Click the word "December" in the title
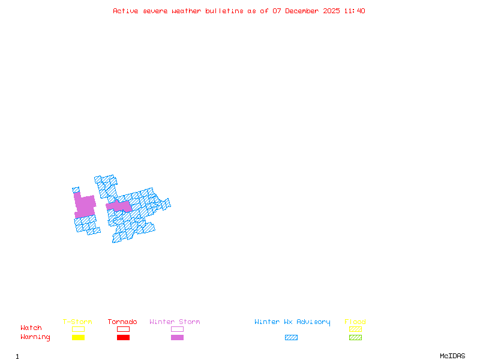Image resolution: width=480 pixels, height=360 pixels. (x=303, y=11)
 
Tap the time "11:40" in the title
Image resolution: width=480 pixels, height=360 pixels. (x=354, y=11)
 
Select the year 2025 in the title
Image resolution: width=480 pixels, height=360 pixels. (x=332, y=11)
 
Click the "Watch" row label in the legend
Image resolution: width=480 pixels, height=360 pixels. (x=31, y=328)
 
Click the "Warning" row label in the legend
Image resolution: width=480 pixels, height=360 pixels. (x=35, y=337)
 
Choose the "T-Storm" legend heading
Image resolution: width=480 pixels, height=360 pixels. (x=77, y=322)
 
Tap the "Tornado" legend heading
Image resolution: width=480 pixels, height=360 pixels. (x=122, y=322)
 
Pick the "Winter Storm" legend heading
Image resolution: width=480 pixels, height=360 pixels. (x=175, y=322)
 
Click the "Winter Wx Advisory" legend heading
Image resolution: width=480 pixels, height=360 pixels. (x=292, y=322)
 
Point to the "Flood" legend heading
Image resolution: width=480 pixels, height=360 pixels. (x=355, y=322)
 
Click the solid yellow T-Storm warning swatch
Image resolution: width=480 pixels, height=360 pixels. (x=78, y=337)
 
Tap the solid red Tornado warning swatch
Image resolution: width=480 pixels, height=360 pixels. (x=123, y=337)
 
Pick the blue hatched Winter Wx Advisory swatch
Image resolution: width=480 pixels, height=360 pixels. (x=291, y=337)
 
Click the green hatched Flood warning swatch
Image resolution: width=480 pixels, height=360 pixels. (x=355, y=337)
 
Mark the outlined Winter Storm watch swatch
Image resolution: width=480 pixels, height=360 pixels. (x=177, y=329)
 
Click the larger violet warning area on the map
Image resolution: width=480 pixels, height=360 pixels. (x=85, y=206)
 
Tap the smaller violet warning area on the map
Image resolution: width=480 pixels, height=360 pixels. (x=119, y=207)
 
